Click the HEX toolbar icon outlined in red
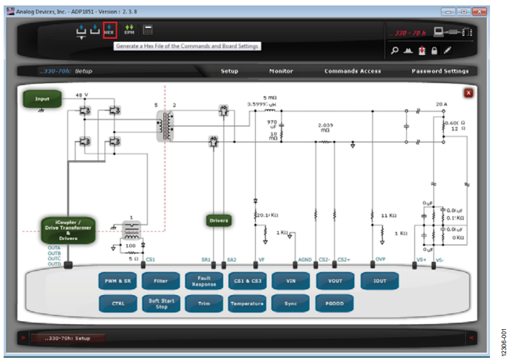pyautogui.click(x=109, y=30)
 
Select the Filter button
pyautogui.click(x=161, y=281)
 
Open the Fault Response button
pyautogui.click(x=204, y=281)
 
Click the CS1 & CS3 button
pyautogui.click(x=247, y=281)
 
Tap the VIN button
pyautogui.click(x=291, y=281)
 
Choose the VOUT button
pyautogui.click(x=335, y=281)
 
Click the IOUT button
pyautogui.click(x=379, y=281)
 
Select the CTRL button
pyautogui.click(x=118, y=304)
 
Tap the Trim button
pyautogui.click(x=204, y=304)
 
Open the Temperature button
pyautogui.click(x=247, y=304)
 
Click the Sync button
pyautogui.click(x=291, y=304)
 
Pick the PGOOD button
pyautogui.click(x=335, y=304)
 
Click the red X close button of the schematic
pyautogui.click(x=468, y=93)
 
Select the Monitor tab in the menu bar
pyautogui.click(x=281, y=71)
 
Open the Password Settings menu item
pyautogui.click(x=440, y=71)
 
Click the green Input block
pyautogui.click(x=42, y=99)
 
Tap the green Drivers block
pyautogui.click(x=219, y=221)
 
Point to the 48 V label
pyautogui.click(x=82, y=95)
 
